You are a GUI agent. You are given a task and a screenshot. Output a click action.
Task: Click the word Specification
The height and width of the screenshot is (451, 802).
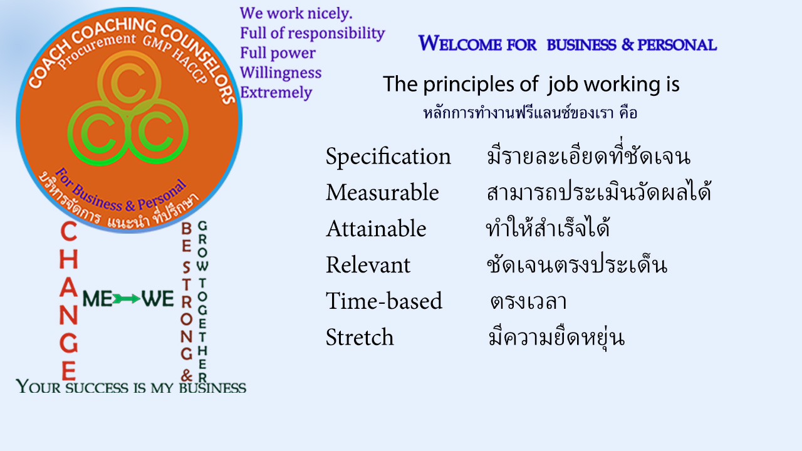(388, 157)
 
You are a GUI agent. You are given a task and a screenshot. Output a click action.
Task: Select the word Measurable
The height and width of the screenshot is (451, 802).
(382, 192)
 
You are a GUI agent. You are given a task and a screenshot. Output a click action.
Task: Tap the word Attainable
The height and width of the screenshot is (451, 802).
(376, 229)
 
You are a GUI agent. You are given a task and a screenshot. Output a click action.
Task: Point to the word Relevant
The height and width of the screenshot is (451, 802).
(368, 265)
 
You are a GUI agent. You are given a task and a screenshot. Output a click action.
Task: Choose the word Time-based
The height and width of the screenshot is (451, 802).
(384, 300)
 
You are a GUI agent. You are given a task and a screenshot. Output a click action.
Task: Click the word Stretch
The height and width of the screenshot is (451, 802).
(360, 337)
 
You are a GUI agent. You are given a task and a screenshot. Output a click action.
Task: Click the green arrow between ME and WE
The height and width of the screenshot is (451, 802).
(127, 299)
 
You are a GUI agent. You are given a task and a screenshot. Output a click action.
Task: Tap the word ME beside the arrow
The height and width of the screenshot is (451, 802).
(97, 299)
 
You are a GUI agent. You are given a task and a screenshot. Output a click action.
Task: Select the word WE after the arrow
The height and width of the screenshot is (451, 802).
(157, 299)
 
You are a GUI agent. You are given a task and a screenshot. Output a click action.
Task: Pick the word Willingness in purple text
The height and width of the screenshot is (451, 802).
(281, 73)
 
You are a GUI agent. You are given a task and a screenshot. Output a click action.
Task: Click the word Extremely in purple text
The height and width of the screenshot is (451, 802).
(276, 93)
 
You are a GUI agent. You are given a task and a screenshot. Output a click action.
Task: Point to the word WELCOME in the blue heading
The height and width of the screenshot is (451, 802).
(477, 44)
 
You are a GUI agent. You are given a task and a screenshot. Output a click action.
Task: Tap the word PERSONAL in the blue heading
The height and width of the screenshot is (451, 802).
(677, 44)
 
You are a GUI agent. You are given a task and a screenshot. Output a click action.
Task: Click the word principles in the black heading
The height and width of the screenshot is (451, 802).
(469, 85)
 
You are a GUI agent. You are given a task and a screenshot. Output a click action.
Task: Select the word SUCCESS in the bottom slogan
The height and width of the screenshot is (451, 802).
(96, 388)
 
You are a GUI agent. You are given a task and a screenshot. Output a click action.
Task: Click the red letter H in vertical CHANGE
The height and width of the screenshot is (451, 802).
(68, 259)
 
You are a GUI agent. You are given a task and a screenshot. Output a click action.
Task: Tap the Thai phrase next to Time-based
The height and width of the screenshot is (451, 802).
(528, 301)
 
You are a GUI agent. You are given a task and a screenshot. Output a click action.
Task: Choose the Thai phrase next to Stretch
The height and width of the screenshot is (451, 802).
(557, 337)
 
